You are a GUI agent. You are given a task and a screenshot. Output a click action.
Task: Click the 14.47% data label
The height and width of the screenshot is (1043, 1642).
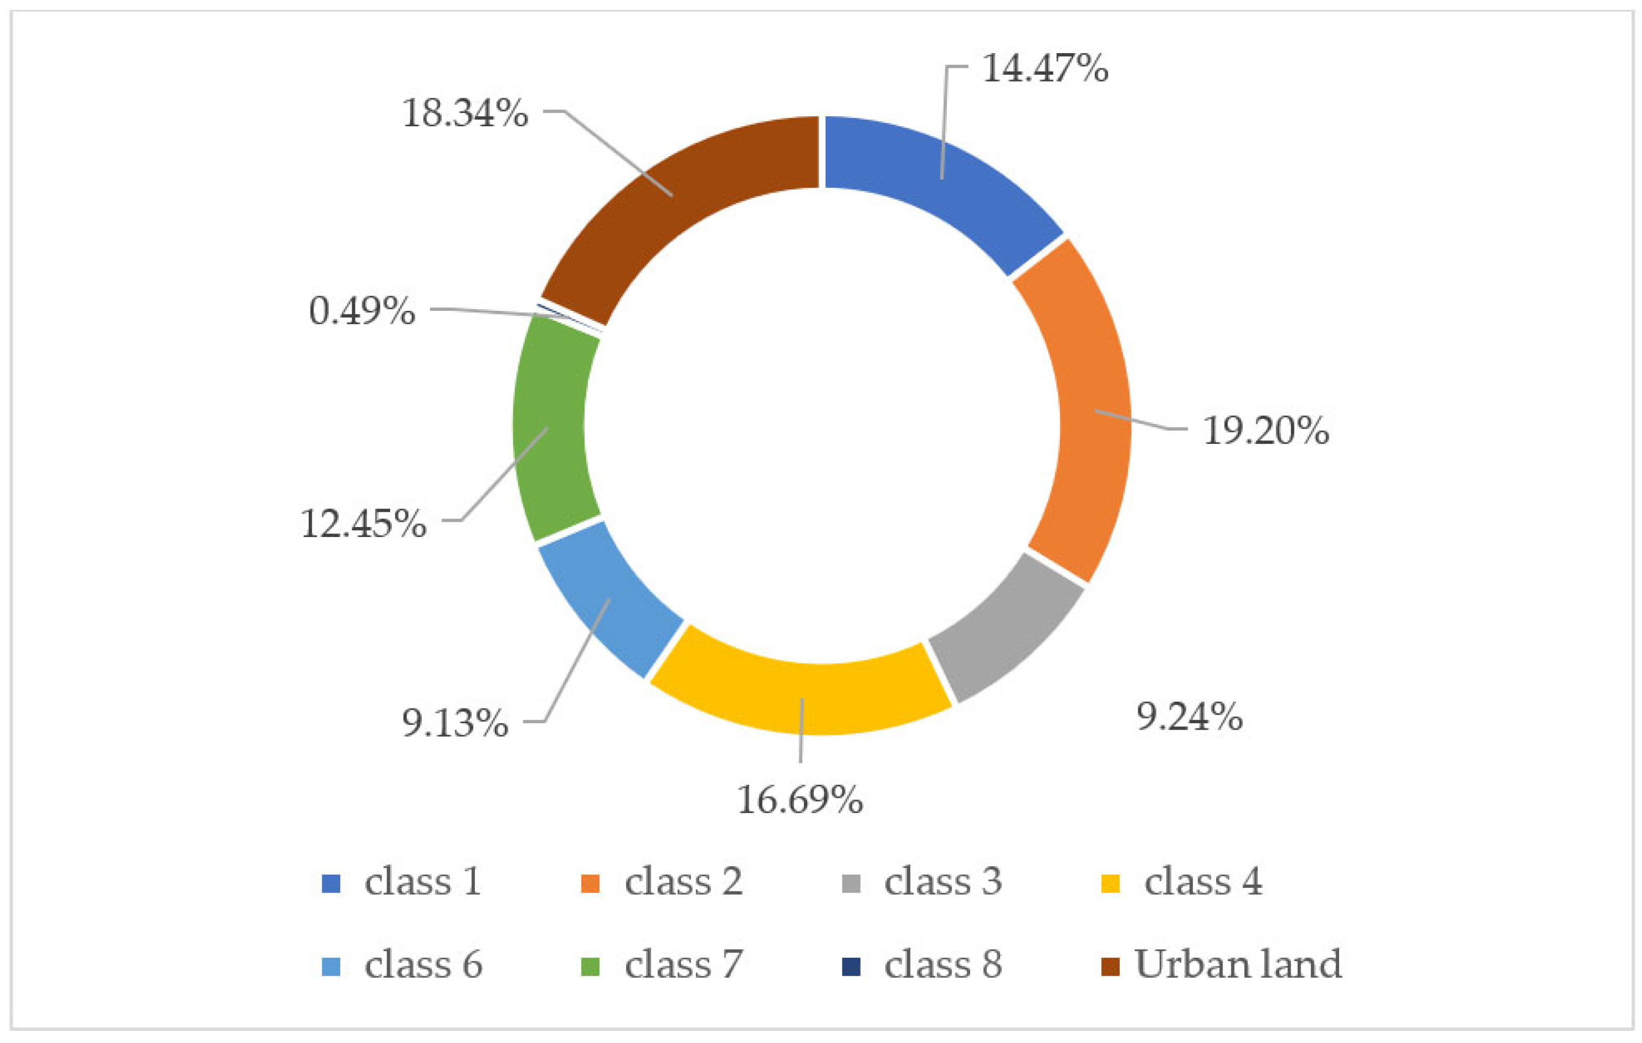[1045, 68]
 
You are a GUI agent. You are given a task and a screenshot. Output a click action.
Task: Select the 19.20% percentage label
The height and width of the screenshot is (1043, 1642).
[1266, 431]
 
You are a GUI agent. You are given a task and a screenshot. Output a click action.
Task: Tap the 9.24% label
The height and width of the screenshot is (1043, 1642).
[1189, 717]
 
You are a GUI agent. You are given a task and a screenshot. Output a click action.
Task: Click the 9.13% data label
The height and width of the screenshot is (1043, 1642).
[455, 723]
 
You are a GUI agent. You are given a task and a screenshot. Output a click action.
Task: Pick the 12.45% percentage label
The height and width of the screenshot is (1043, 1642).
[363, 524]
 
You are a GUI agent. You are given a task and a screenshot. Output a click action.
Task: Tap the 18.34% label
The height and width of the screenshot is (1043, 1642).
[465, 113]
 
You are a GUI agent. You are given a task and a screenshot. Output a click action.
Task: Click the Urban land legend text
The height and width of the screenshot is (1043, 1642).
[1238, 964]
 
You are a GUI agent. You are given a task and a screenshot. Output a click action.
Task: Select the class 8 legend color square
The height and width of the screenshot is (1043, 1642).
[851, 967]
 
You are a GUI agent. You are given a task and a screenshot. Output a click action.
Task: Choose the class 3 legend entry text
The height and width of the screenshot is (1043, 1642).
[943, 882]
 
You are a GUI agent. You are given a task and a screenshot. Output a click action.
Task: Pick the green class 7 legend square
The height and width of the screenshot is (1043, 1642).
[590, 967]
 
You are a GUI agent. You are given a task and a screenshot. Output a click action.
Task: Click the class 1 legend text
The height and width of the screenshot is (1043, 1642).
[423, 882]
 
